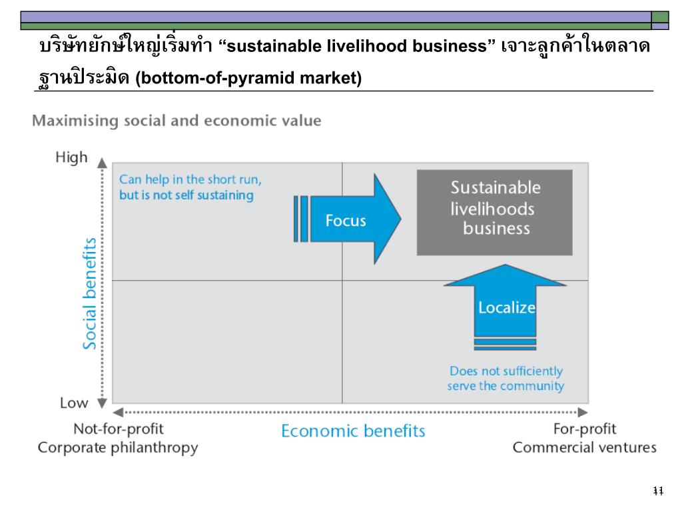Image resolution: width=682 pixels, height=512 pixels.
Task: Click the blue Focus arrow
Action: click(x=353, y=219)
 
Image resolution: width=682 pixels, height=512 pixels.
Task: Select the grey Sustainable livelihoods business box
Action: click(x=494, y=212)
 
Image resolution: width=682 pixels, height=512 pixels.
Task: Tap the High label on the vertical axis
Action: click(x=71, y=158)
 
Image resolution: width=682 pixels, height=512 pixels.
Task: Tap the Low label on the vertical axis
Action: click(x=74, y=403)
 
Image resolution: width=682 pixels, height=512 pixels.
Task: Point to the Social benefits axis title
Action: click(x=90, y=293)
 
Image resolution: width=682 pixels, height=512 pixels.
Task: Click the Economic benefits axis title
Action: click(x=353, y=431)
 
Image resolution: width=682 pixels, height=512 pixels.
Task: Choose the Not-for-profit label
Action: click(x=118, y=429)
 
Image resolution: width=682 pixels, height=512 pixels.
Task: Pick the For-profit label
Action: click(x=585, y=429)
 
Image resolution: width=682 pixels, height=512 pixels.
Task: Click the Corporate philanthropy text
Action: click(x=118, y=447)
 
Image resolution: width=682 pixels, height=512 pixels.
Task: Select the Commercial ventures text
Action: click(x=584, y=447)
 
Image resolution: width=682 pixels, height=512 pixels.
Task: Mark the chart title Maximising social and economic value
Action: click(x=177, y=121)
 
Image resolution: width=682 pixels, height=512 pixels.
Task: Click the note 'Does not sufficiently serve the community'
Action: click(x=506, y=379)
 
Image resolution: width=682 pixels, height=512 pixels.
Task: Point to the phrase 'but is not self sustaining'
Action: click(x=186, y=195)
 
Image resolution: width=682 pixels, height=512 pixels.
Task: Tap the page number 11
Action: click(x=658, y=491)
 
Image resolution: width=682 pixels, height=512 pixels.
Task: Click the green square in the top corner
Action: click(x=660, y=17)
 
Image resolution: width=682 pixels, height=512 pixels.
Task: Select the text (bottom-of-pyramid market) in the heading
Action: click(x=248, y=79)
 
